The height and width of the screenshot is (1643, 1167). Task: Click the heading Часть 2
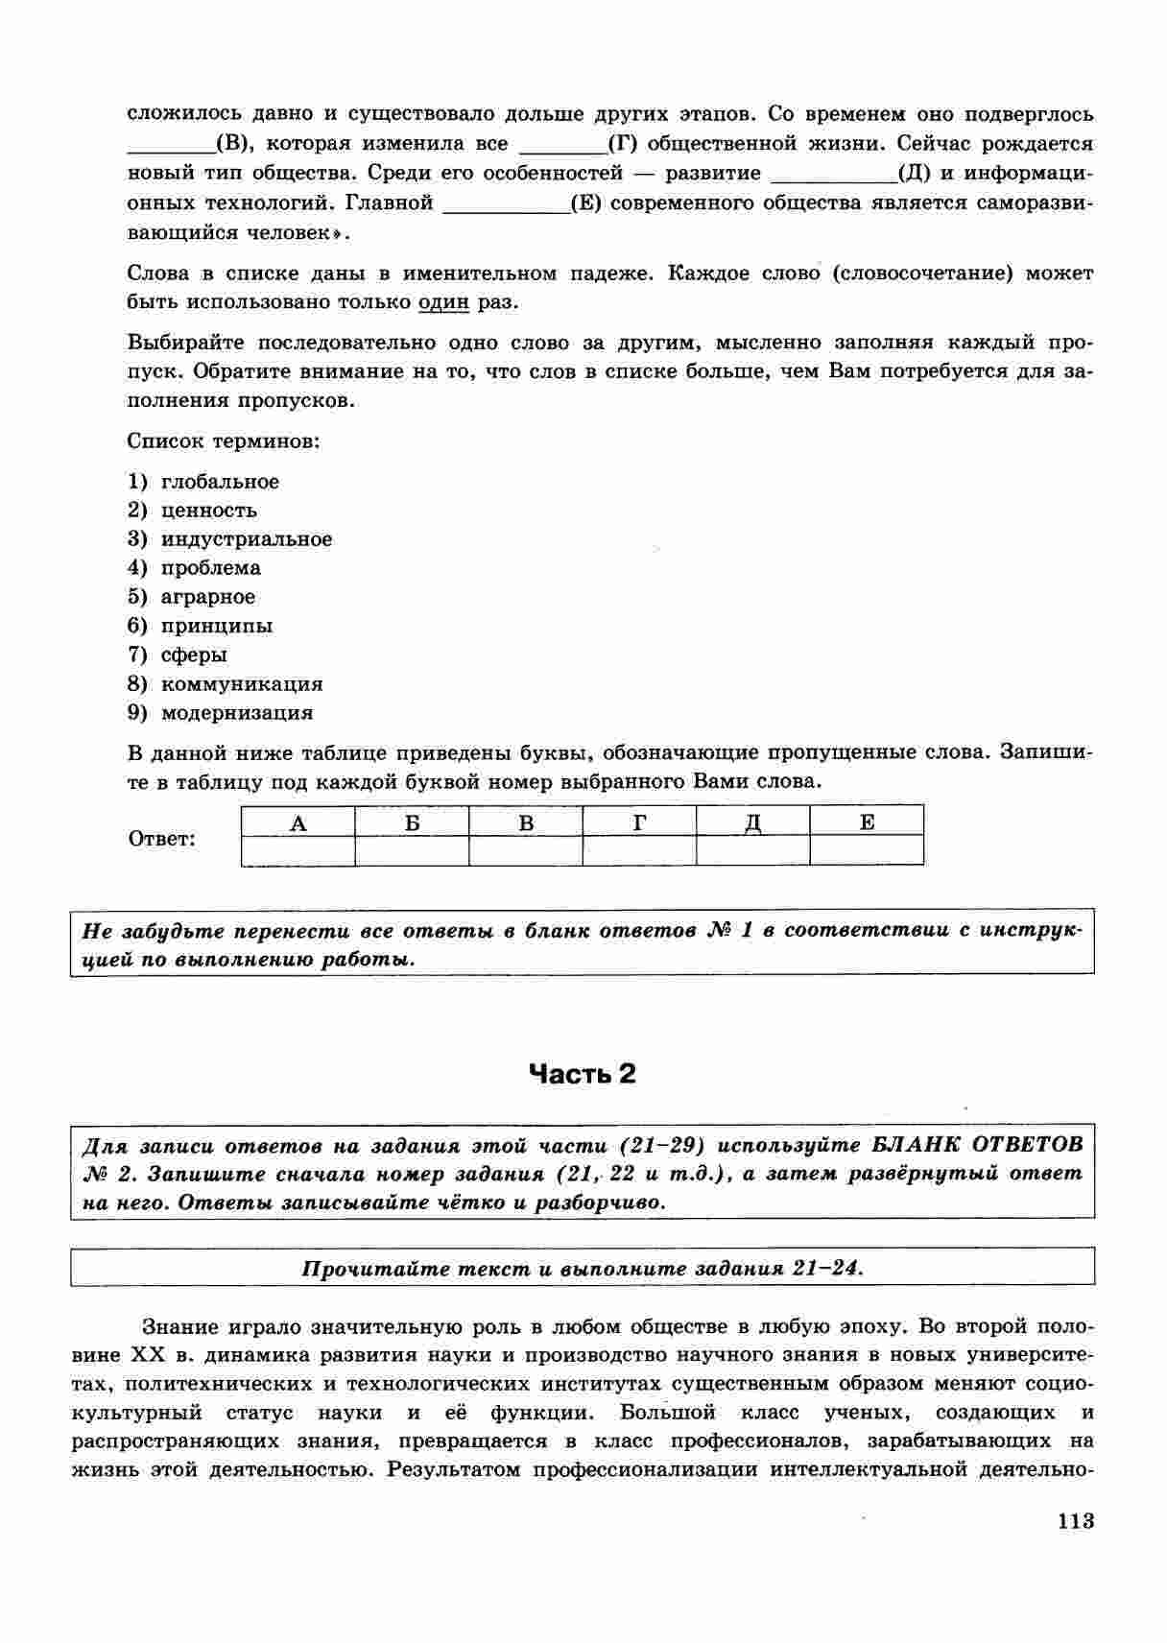(x=583, y=1074)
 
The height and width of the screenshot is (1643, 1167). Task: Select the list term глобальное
(x=220, y=482)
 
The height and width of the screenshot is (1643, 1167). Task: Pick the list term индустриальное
(x=247, y=539)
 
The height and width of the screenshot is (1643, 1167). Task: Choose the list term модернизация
(x=237, y=713)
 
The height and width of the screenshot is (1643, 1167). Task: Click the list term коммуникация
(x=242, y=684)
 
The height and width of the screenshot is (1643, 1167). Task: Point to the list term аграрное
(x=208, y=597)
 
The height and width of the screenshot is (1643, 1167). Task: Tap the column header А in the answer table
(x=298, y=822)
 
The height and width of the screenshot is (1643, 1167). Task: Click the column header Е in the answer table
(x=867, y=822)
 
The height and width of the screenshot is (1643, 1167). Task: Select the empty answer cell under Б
(x=412, y=851)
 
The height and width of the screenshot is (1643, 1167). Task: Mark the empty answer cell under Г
(x=639, y=851)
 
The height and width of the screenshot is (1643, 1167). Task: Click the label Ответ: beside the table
(x=161, y=840)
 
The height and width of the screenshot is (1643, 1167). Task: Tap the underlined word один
(x=443, y=302)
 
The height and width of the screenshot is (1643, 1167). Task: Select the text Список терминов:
(x=224, y=441)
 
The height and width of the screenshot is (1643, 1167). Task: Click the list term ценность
(x=209, y=511)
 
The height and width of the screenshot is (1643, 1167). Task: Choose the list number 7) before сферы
(x=137, y=655)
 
